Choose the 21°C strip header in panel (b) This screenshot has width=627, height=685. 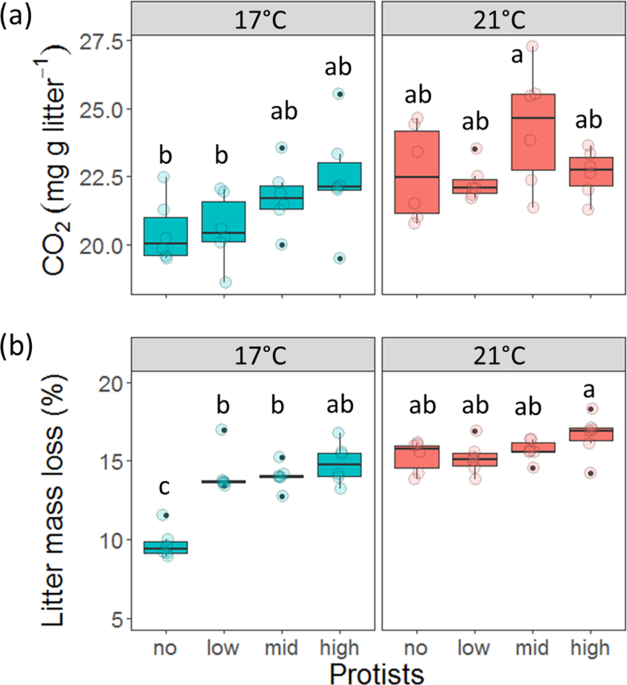click(503, 353)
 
